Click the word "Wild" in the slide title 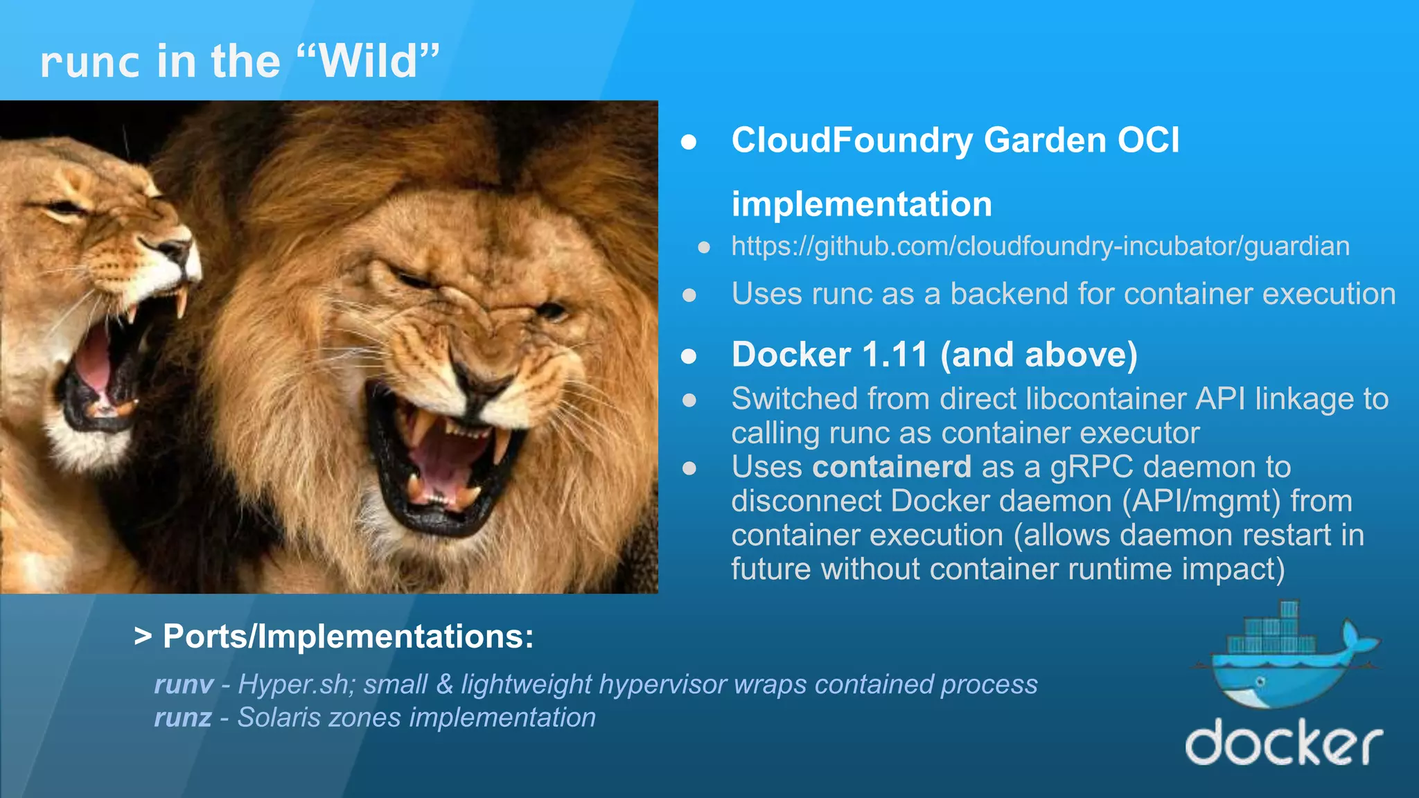coord(369,62)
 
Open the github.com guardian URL coord(1040,247)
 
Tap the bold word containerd coord(891,467)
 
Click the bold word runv coord(184,684)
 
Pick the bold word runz coord(183,718)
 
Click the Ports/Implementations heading coord(334,636)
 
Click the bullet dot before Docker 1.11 coord(689,356)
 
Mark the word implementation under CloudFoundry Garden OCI coord(861,205)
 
